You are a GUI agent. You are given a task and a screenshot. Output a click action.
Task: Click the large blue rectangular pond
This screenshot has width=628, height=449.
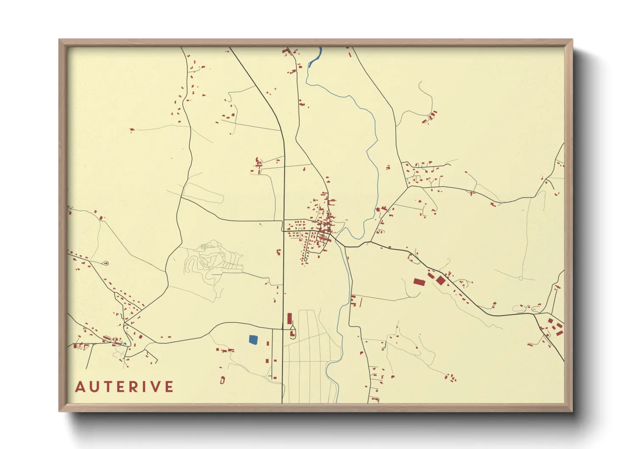click(x=253, y=339)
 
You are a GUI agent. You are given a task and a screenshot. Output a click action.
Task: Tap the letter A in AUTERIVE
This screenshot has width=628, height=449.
click(x=80, y=387)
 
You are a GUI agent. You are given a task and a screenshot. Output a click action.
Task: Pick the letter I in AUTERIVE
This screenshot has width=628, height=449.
click(x=147, y=387)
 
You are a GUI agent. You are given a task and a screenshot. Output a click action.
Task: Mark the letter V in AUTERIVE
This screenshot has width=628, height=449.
click(x=156, y=387)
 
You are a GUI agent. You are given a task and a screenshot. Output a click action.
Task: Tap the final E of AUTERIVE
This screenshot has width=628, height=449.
click(x=170, y=387)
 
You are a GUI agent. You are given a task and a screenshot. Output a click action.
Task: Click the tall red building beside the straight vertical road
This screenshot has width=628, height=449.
click(x=290, y=319)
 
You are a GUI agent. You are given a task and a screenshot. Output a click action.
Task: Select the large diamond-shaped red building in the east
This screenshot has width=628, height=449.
click(x=441, y=281)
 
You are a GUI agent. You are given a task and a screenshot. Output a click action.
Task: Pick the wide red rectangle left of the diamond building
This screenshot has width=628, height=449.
click(x=419, y=281)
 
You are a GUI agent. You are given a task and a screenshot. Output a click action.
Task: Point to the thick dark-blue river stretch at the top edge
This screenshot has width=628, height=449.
click(x=315, y=57)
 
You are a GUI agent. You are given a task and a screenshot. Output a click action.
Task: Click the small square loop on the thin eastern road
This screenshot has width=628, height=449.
click(x=521, y=278)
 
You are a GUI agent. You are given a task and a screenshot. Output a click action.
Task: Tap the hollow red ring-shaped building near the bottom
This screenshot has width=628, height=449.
click(x=222, y=380)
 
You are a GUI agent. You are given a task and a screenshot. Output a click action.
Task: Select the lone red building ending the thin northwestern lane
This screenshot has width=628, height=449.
click(x=132, y=130)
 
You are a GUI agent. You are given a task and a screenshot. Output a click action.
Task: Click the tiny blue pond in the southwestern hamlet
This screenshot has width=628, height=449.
click(x=125, y=344)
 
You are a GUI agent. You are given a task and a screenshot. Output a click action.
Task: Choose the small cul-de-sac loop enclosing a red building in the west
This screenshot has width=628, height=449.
click(x=106, y=264)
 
